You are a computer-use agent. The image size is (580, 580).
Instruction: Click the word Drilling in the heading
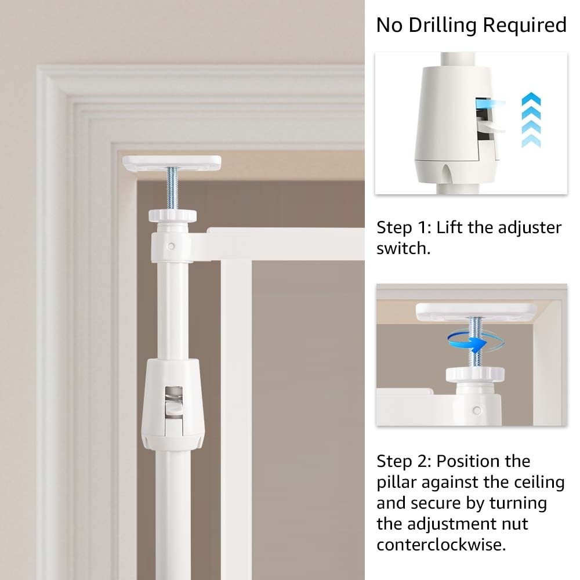tap(443, 26)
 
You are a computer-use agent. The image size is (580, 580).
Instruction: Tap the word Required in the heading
tap(525, 25)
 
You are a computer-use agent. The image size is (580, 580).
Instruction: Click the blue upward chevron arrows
tap(531, 120)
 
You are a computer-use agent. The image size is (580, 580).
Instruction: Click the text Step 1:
tap(404, 227)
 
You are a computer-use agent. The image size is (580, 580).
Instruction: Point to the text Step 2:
tap(404, 461)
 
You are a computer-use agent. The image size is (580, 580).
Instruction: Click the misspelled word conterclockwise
tap(441, 545)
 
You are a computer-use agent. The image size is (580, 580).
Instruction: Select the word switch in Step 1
tap(404, 248)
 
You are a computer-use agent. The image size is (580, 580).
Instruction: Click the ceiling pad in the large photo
tap(172, 163)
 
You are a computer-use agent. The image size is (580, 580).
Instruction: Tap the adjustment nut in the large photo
tap(172, 216)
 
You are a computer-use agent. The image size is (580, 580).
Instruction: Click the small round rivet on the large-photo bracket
tap(171, 246)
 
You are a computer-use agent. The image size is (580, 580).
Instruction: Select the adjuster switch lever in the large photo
tap(174, 408)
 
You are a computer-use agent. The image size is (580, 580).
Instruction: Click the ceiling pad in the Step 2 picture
tap(476, 312)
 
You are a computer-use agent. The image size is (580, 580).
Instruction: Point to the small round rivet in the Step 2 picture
tap(477, 410)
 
